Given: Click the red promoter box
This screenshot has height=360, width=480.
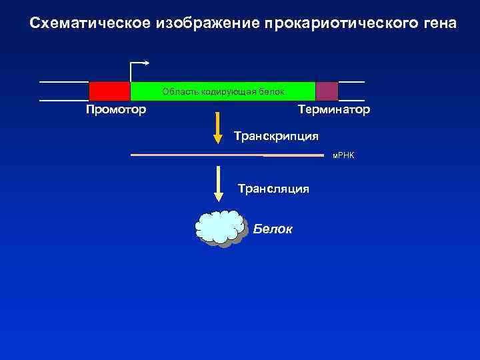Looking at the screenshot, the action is pyautogui.click(x=109, y=91).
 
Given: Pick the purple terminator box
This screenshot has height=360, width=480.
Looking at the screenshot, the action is pyautogui.click(x=327, y=91).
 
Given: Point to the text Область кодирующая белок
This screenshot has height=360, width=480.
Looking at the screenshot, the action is pyautogui.click(x=223, y=90).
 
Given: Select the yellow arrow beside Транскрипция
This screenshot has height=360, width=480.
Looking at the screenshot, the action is pyautogui.click(x=217, y=128).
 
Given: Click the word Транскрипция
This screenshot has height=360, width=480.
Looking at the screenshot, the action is pyautogui.click(x=276, y=136).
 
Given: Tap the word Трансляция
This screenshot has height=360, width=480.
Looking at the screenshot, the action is pyautogui.click(x=273, y=189).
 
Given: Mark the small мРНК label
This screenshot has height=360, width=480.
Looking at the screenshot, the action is pyautogui.click(x=344, y=155).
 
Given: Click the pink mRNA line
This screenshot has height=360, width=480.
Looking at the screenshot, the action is pyautogui.click(x=227, y=155).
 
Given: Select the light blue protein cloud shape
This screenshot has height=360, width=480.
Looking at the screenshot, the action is pyautogui.click(x=220, y=227).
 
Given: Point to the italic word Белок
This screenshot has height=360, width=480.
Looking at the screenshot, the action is pyautogui.click(x=274, y=229).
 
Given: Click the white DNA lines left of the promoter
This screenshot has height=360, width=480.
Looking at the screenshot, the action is pyautogui.click(x=64, y=91).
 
